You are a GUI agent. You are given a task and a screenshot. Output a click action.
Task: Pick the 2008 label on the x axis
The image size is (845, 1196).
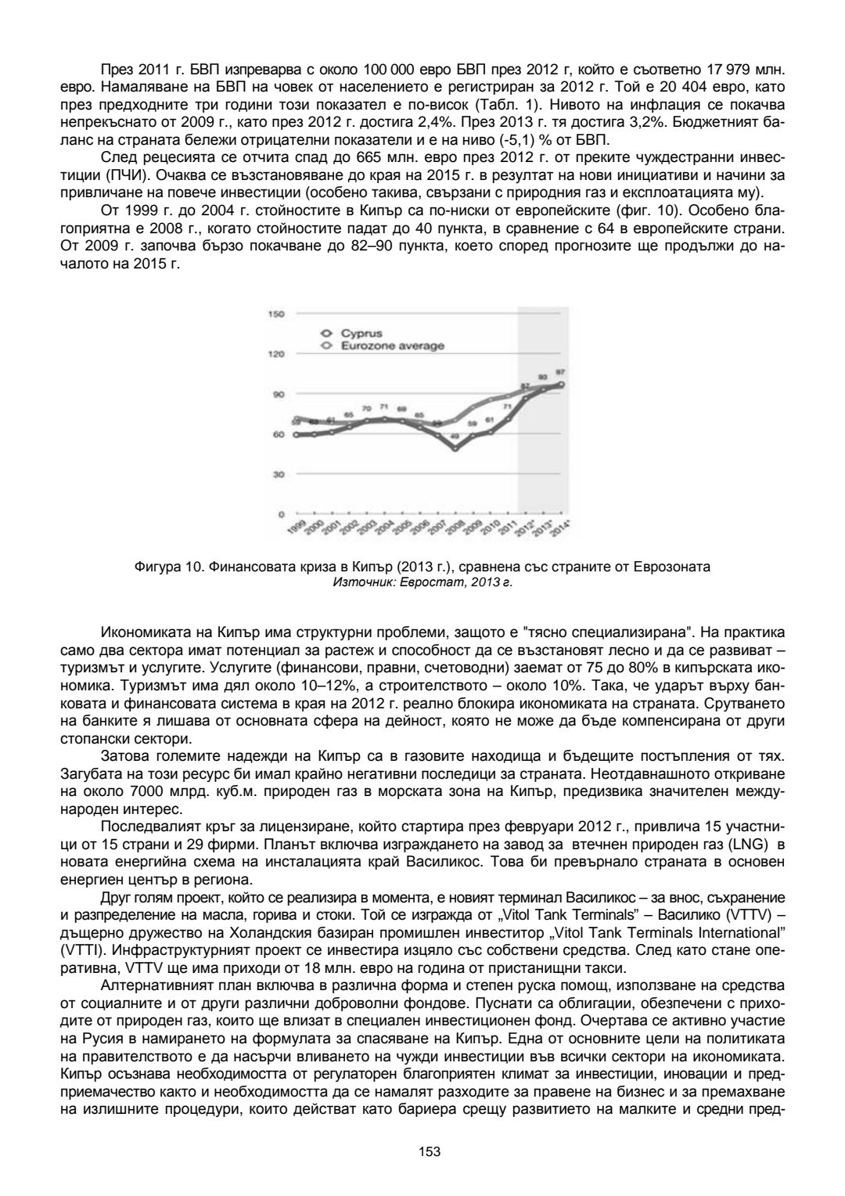coord(453,528)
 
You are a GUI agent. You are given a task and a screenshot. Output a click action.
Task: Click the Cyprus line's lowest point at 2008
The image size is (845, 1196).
coord(454,448)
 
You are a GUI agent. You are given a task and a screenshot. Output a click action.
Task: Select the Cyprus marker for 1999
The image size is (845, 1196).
coord(296,434)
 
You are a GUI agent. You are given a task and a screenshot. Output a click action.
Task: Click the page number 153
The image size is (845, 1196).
coord(430,1151)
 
